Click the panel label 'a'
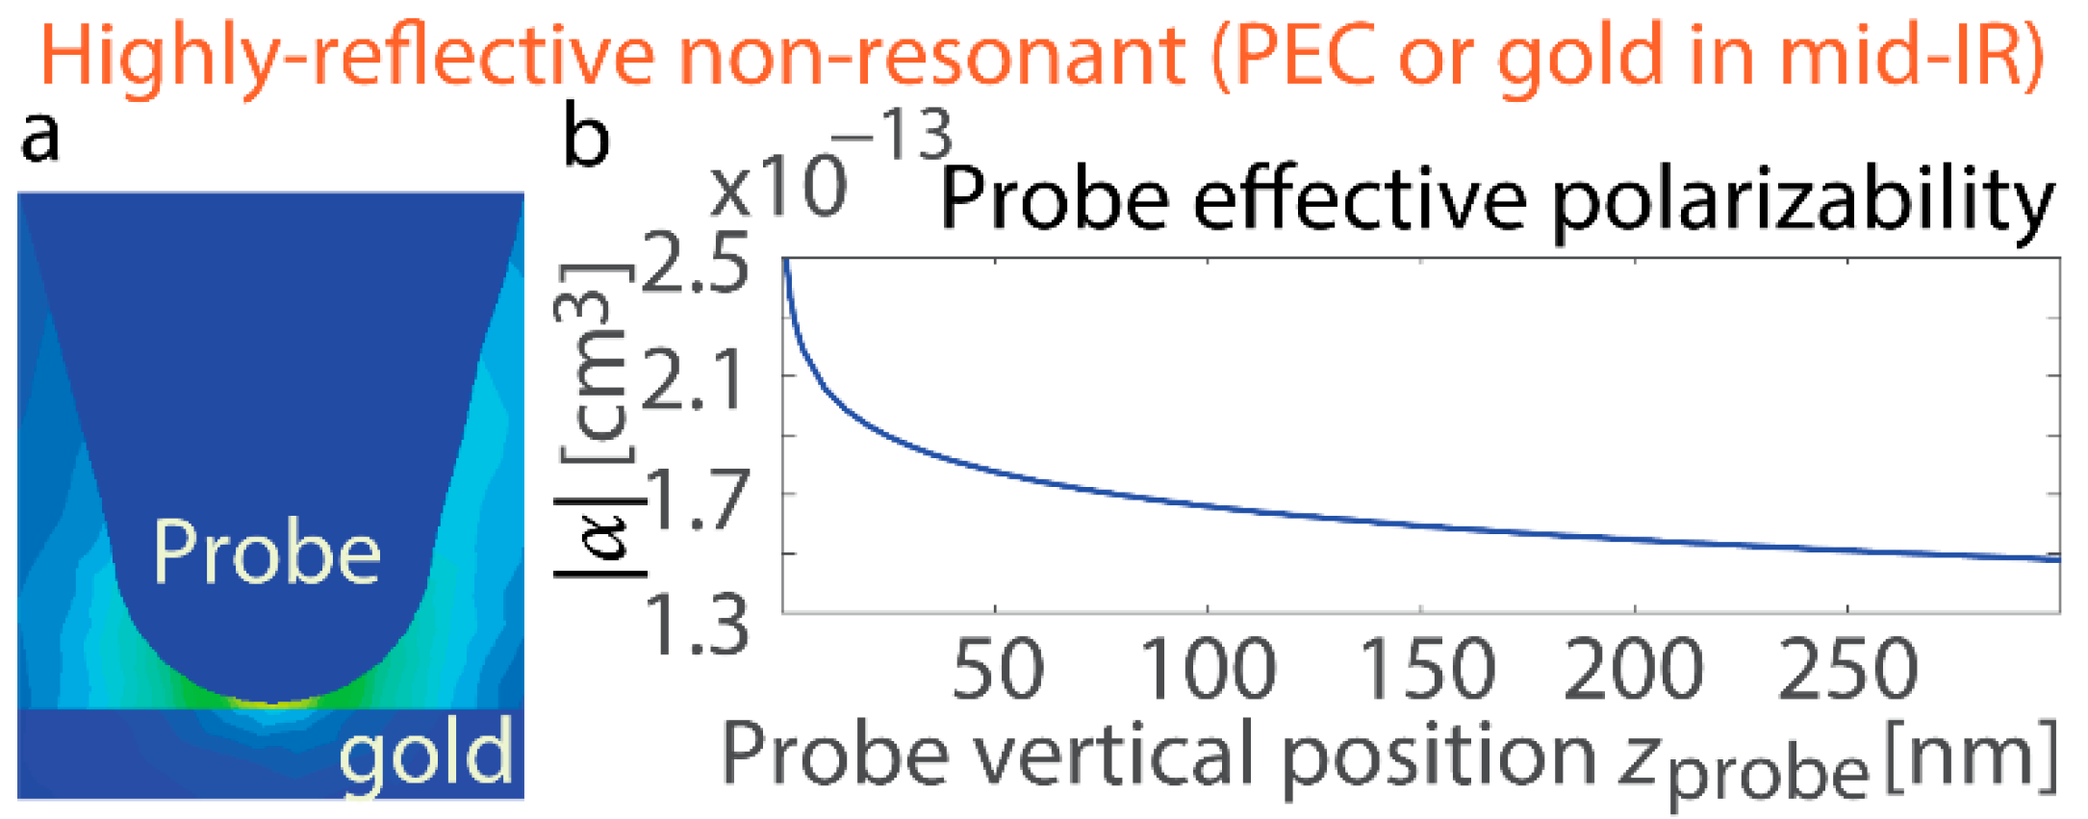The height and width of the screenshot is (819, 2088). pos(40,136)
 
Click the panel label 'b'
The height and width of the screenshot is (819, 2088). pos(586,136)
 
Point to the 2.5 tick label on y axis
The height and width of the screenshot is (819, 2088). pos(694,263)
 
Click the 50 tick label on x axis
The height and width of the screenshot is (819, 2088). pos(997,670)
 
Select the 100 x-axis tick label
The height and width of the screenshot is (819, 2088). pos(1209,670)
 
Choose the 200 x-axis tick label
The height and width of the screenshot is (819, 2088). pos(1634,670)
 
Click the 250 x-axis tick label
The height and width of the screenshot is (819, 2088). pos(1847,670)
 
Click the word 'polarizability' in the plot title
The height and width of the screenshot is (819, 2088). pos(1803,201)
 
